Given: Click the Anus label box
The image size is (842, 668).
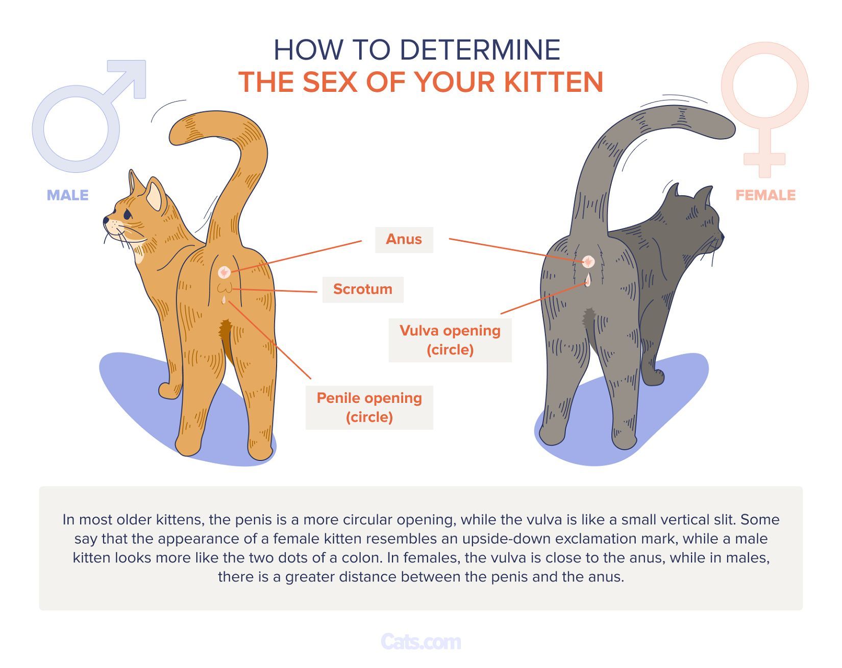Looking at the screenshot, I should pyautogui.click(x=404, y=240).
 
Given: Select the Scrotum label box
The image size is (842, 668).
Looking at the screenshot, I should pyautogui.click(x=362, y=290).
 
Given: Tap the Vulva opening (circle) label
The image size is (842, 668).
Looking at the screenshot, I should pyautogui.click(x=450, y=340).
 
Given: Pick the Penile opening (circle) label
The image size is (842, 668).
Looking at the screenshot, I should pyautogui.click(x=369, y=407).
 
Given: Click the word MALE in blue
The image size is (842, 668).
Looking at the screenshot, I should pyautogui.click(x=67, y=195).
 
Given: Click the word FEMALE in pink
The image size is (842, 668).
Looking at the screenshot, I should pyautogui.click(x=765, y=195).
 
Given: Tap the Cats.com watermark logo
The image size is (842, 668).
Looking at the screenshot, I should pyautogui.click(x=420, y=641).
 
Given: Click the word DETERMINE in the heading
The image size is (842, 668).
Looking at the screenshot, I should pyautogui.click(x=480, y=50).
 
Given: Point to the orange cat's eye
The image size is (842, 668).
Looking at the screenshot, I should pyautogui.click(x=127, y=214).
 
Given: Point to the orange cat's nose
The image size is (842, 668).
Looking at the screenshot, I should pyautogui.click(x=106, y=221).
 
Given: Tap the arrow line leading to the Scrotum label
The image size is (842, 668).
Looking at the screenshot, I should pyautogui.click(x=276, y=291).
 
